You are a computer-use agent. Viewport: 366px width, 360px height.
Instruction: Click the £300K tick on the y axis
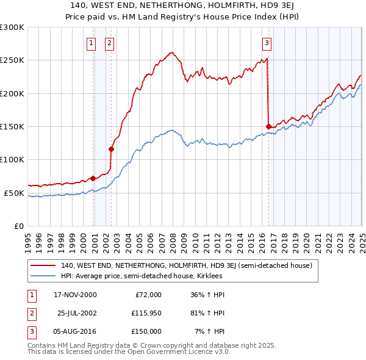click(x=12, y=27)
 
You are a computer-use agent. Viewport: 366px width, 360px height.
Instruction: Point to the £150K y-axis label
click(x=12, y=126)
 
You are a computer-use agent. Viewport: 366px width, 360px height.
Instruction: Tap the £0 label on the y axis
click(x=18, y=226)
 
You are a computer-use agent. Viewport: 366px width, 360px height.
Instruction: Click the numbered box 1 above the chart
click(x=91, y=43)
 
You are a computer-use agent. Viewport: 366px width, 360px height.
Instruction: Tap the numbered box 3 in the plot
click(x=267, y=43)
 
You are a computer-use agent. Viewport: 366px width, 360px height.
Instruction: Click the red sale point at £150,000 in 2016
click(x=268, y=126)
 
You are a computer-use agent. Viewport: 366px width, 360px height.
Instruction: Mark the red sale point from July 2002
click(x=112, y=149)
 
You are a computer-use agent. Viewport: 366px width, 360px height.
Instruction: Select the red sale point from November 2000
click(x=93, y=178)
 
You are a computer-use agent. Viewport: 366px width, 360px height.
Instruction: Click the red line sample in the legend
click(x=43, y=265)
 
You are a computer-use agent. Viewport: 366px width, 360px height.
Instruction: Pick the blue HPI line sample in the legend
click(x=43, y=276)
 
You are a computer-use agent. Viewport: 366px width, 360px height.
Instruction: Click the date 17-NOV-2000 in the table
click(x=75, y=295)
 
